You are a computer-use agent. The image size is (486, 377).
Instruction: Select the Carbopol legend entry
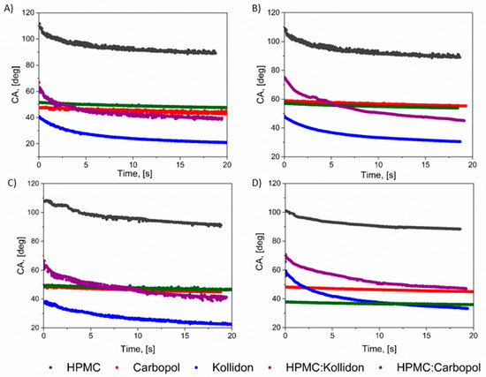click(x=152, y=367)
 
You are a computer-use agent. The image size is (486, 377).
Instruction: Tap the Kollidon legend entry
click(x=229, y=367)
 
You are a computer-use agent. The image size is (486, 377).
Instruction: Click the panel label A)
click(x=8, y=9)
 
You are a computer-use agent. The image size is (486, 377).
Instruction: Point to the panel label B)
click(x=256, y=9)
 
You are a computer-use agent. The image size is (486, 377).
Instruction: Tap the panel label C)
click(x=11, y=183)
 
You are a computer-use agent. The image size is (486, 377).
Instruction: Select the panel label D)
click(x=257, y=183)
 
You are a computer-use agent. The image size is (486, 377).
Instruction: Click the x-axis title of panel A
click(x=134, y=173)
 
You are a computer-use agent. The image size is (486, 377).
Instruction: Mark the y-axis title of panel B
click(x=261, y=84)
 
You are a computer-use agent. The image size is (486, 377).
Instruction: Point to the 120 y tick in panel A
click(x=28, y=12)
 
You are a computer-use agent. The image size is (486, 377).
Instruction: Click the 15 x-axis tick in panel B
click(x=425, y=164)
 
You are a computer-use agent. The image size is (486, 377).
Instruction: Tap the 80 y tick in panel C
click(x=34, y=241)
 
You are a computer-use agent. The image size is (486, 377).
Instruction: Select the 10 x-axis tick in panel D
click(x=379, y=336)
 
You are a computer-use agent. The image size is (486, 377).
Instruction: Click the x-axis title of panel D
click(x=379, y=349)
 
